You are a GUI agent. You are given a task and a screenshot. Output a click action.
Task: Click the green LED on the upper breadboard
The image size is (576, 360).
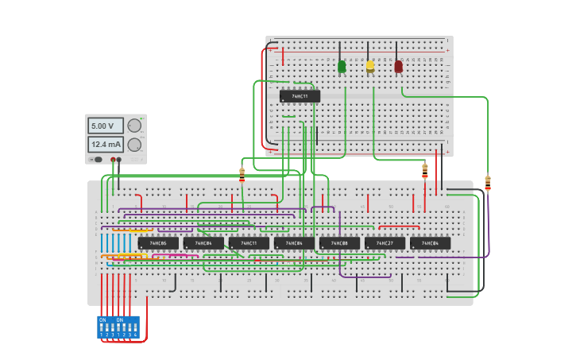coord(342,67)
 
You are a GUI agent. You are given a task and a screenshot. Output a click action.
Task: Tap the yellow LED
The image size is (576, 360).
coord(370,66)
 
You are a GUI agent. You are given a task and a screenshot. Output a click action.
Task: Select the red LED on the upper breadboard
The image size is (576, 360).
coord(398,67)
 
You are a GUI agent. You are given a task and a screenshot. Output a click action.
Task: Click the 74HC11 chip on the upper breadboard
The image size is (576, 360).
coord(300,96)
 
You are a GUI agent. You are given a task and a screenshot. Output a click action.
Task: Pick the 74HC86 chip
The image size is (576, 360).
coord(158,243)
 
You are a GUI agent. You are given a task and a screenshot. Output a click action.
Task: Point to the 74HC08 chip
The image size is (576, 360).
coord(339,243)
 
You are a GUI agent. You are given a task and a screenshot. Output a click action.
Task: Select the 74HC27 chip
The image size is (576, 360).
coord(385,243)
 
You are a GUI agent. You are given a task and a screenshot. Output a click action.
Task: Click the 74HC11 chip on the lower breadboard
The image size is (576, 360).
coord(249,243)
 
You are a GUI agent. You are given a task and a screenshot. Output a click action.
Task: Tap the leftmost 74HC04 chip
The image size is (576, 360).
coord(203,243)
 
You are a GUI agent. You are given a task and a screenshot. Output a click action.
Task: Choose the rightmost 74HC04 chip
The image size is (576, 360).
coord(430,243)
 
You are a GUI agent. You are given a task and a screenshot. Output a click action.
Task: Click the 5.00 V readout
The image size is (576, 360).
coord(104,126)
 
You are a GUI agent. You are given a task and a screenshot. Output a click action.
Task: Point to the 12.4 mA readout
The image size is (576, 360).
coord(104,145)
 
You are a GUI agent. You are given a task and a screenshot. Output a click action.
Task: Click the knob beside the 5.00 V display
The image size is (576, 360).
coord(134,126)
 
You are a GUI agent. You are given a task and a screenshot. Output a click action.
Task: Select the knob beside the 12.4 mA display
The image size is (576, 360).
coord(134,145)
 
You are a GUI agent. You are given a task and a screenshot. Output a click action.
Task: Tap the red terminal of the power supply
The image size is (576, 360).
coord(114,160)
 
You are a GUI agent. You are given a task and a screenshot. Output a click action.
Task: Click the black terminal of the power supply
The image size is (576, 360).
coord(119,160)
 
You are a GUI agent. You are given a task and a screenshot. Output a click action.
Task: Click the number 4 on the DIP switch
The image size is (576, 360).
coord(136,335)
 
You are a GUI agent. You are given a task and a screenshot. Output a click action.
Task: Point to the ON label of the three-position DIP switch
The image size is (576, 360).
coord(120,319)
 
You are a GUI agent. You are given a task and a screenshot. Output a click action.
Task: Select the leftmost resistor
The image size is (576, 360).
coord(242,174)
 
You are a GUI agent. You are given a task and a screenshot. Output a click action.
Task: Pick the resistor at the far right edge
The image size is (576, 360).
coord(488,183)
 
